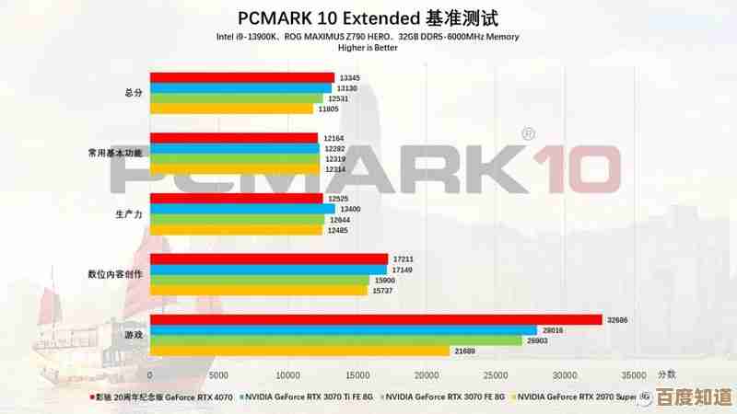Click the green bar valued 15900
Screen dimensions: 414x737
click(x=259, y=280)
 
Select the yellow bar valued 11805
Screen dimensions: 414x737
click(x=231, y=109)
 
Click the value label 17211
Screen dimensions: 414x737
click(x=404, y=259)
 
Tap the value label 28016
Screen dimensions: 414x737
click(x=553, y=329)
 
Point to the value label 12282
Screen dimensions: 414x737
click(x=334, y=148)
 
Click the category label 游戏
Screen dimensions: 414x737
click(x=134, y=335)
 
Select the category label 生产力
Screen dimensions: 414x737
click(x=128, y=213)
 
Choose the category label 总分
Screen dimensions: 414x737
click(x=134, y=93)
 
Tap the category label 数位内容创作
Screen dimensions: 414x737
click(x=116, y=274)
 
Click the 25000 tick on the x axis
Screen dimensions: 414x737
click(x=496, y=375)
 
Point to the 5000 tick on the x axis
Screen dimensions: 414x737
click(x=218, y=375)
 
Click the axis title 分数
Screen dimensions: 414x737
click(x=666, y=374)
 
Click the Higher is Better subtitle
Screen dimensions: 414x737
click(x=367, y=48)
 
